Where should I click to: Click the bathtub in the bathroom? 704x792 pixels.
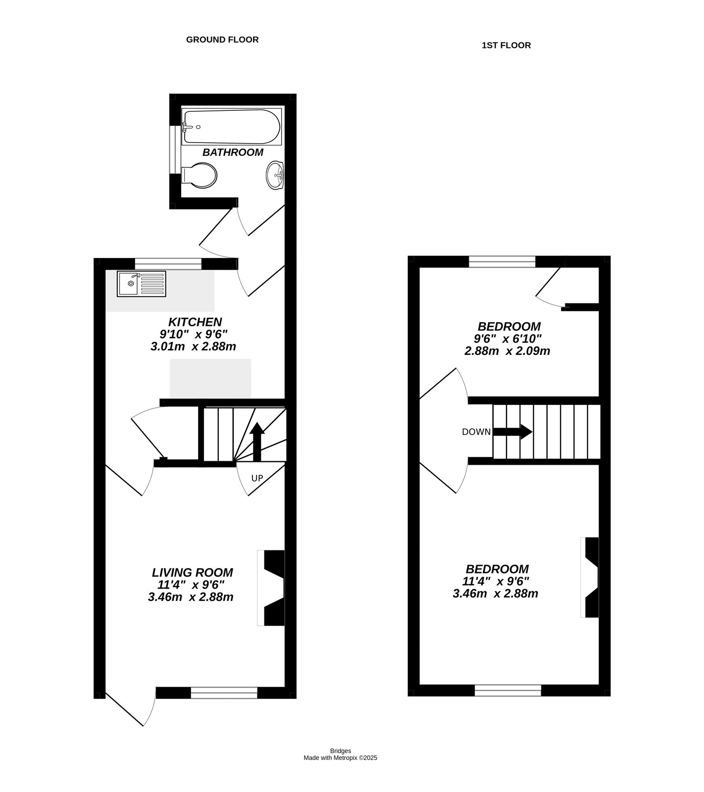[x=231, y=127]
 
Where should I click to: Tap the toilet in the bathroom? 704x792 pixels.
[x=201, y=175]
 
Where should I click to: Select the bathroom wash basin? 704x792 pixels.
[x=275, y=175]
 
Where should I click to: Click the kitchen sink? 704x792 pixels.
[x=141, y=284]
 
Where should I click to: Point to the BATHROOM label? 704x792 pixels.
[x=233, y=152]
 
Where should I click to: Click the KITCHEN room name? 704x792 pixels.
[x=195, y=322]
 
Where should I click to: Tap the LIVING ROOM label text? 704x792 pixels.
[x=192, y=573]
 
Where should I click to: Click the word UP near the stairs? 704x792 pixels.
[x=257, y=478]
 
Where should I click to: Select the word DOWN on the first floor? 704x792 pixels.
[x=476, y=432]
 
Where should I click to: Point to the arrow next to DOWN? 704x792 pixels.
[x=513, y=432]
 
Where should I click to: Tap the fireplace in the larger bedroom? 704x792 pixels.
[x=591, y=577]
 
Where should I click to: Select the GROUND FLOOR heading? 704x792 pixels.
[x=222, y=40]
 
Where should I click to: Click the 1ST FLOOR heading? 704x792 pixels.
[x=506, y=46]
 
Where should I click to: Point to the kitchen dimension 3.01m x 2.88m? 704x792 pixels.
[x=193, y=346]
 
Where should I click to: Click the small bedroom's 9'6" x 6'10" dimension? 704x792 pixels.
[x=508, y=339]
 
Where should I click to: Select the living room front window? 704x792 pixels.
[x=224, y=693]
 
